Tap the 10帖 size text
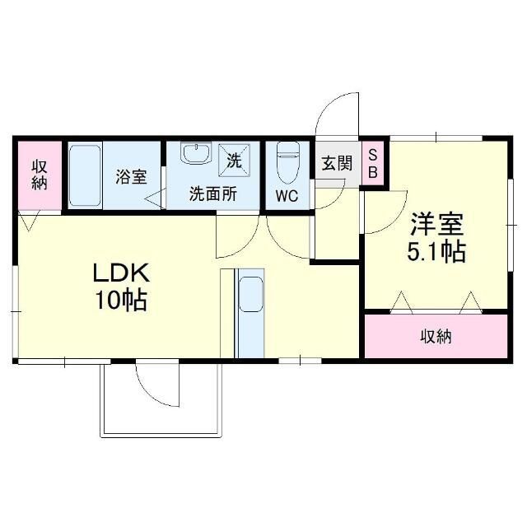coord(119,301)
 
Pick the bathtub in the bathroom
coord(85,176)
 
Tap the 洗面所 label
coord(213,195)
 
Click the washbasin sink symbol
coord(196,154)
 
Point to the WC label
coord(287,196)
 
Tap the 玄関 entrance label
coord(335,163)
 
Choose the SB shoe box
coord(372,164)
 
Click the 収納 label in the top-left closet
coord(40,174)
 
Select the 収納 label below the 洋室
coord(436,336)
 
